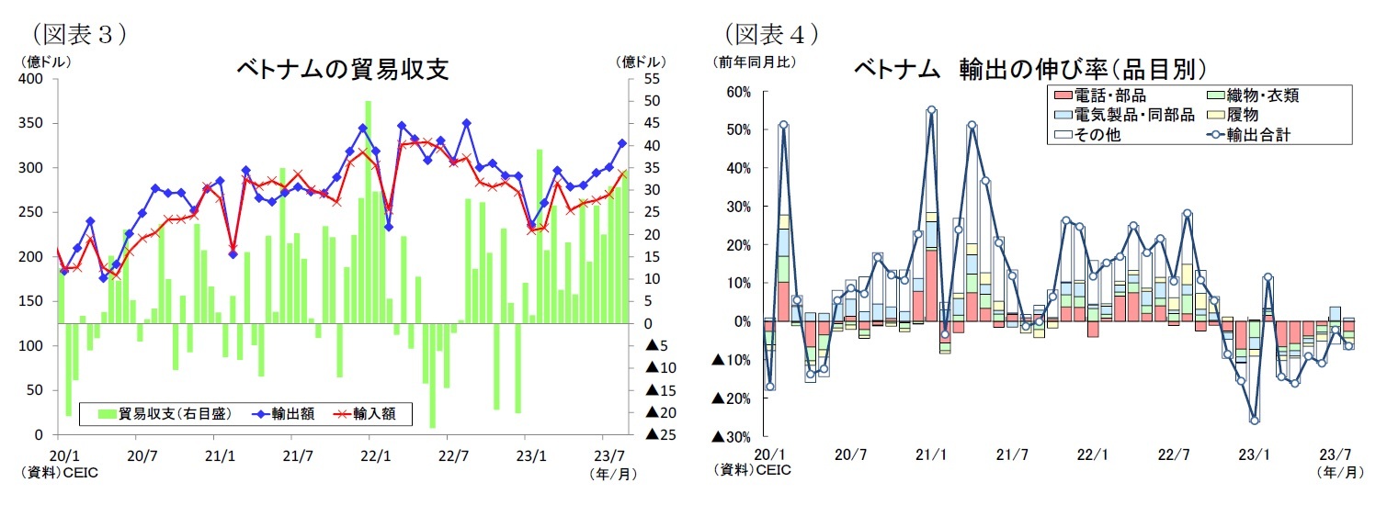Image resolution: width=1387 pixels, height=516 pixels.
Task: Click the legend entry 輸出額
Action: click(292, 414)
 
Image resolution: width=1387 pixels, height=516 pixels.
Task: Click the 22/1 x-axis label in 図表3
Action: click(373, 454)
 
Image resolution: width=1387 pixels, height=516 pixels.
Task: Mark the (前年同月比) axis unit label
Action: click(756, 62)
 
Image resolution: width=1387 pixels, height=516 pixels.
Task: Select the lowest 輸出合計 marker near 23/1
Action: click(1254, 421)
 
